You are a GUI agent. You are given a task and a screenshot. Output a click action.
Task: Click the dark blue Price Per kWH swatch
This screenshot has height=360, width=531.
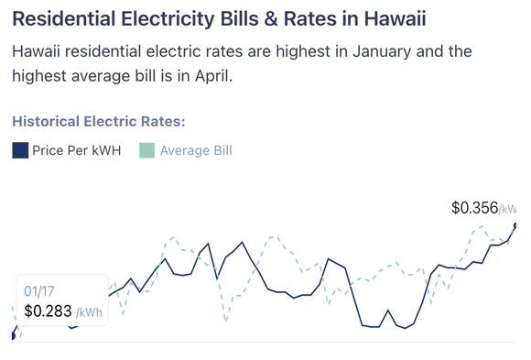coord(20,150)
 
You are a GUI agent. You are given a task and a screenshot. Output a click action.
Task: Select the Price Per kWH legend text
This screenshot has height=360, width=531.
coord(76,150)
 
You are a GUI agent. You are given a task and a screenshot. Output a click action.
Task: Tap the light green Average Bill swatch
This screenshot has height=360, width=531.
coord(146,150)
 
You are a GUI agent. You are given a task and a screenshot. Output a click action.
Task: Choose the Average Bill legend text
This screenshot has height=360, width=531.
coord(196,150)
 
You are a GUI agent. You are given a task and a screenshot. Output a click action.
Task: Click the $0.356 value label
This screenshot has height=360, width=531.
coord(474,208)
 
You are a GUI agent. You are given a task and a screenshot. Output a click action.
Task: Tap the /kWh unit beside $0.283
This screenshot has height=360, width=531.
coord(89,312)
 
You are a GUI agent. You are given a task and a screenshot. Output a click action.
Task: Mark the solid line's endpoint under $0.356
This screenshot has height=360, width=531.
coord(515,224)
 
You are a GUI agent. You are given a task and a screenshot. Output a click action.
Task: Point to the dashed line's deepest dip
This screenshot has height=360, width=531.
coord(226,322)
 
